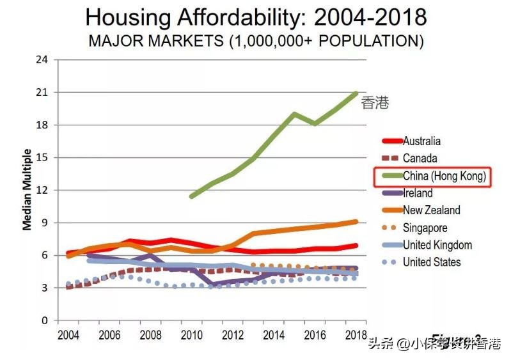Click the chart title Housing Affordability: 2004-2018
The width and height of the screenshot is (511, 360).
tap(256, 17)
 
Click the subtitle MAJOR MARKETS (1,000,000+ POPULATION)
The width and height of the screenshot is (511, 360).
tap(256, 41)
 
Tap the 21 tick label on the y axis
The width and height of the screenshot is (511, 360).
tap(43, 92)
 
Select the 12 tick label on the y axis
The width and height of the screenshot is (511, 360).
tap(43, 190)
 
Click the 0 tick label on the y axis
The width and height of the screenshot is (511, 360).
tap(45, 320)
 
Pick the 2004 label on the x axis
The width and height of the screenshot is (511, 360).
tap(68, 336)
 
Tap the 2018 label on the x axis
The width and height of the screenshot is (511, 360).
tap(355, 336)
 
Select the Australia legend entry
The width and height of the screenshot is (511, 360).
tap(421, 141)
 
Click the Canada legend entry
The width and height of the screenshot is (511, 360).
tap(420, 158)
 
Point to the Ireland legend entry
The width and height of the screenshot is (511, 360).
tap(418, 193)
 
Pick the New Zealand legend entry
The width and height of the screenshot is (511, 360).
tap(431, 210)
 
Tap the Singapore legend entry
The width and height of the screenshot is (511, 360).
tap(425, 228)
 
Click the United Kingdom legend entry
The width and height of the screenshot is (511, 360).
tap(437, 245)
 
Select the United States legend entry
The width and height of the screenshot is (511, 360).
tap(432, 262)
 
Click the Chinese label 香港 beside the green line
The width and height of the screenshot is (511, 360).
tap(375, 103)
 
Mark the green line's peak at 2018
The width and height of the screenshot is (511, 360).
tap(356, 93)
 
